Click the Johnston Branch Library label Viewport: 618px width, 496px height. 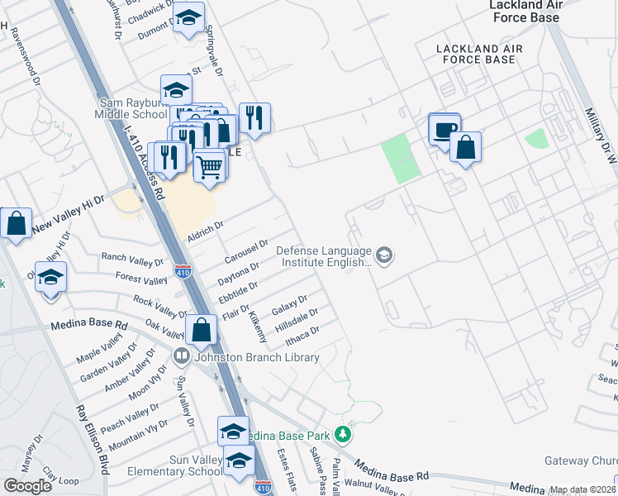click(x=256, y=358)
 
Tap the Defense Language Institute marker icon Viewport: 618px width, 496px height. click(x=383, y=254)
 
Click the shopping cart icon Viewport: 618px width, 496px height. click(x=210, y=166)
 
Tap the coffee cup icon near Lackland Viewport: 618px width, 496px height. click(x=444, y=130)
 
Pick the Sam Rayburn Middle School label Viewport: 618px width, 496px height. click(x=133, y=108)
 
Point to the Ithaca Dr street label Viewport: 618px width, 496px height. click(x=302, y=335)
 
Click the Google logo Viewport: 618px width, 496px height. click(x=28, y=486)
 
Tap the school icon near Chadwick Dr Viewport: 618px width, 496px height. click(x=188, y=17)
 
